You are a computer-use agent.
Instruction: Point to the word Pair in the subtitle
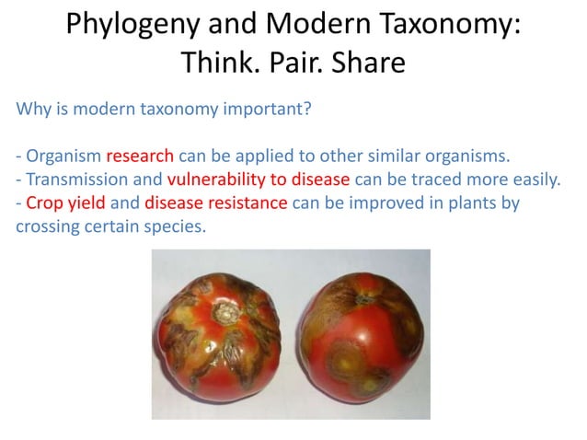point(293,65)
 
